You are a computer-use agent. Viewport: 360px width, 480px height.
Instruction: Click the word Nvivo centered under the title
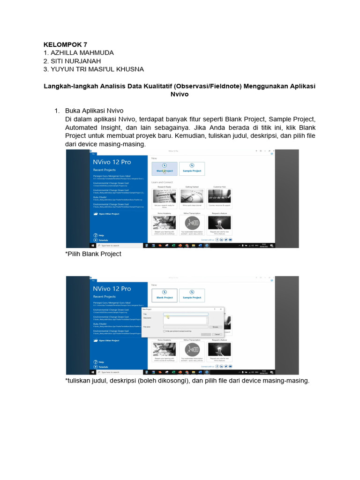pos(180,94)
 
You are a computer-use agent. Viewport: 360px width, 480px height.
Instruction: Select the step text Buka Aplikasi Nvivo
pos(94,111)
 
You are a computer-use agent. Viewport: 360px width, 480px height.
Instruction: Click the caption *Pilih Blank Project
pos(93,254)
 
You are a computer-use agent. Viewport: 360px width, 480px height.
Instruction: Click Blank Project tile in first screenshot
pos(165,168)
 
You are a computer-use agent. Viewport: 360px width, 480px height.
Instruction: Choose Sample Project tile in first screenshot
pos(192,168)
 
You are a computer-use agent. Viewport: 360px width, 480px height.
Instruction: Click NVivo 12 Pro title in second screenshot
pos(112,289)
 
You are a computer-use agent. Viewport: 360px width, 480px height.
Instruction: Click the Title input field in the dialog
pos(186,314)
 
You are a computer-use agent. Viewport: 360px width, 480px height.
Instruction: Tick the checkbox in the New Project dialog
pos(164,331)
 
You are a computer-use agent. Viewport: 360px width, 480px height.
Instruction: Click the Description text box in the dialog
pos(186,320)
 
